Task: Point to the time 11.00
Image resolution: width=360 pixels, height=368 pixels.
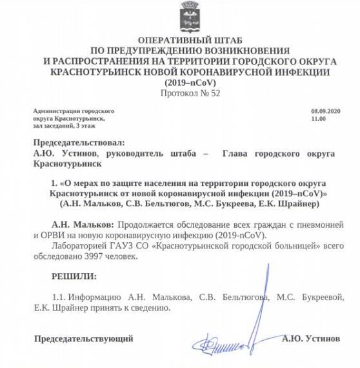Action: (318, 119)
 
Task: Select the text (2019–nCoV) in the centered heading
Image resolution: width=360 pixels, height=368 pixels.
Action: (180, 83)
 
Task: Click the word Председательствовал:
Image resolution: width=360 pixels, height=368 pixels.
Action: (76, 143)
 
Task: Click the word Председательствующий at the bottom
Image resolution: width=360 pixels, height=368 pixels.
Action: (84, 338)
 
